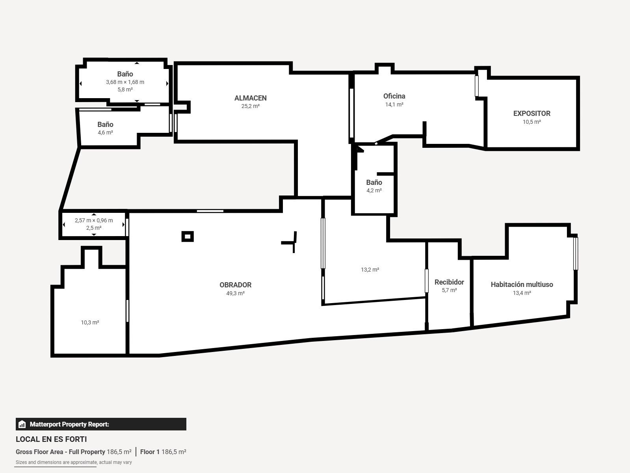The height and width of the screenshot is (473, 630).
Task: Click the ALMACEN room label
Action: pyautogui.click(x=250, y=98)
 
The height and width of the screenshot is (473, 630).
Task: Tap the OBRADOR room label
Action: pyautogui.click(x=235, y=285)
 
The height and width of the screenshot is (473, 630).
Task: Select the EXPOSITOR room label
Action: pyautogui.click(x=532, y=114)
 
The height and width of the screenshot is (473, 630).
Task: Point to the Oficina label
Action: pyautogui.click(x=394, y=96)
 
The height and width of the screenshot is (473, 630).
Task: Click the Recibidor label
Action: pyautogui.click(x=449, y=282)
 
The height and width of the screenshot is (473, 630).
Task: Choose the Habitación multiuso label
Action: pyautogui.click(x=522, y=285)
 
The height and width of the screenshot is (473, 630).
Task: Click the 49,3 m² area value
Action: pyautogui.click(x=235, y=293)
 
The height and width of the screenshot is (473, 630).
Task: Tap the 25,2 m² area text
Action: pyautogui.click(x=250, y=106)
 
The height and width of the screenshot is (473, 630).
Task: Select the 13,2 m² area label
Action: pyautogui.click(x=370, y=270)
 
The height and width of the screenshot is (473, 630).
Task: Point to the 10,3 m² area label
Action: pyautogui.click(x=90, y=322)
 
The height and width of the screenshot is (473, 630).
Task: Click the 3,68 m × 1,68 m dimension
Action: pyautogui.click(x=125, y=82)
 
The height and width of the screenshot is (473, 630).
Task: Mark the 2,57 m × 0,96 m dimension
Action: pyautogui.click(x=94, y=220)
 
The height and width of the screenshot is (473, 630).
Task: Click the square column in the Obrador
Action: pyautogui.click(x=188, y=236)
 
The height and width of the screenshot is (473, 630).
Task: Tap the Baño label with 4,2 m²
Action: pyautogui.click(x=374, y=182)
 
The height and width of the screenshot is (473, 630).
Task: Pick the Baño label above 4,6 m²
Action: pyautogui.click(x=105, y=125)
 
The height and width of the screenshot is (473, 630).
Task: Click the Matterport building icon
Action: pyautogui.click(x=22, y=424)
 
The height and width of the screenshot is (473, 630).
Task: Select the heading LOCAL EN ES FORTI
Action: pyautogui.click(x=51, y=439)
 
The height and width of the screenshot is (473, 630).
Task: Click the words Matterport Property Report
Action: pyautogui.click(x=69, y=424)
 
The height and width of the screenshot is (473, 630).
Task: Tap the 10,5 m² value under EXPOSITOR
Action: pyautogui.click(x=532, y=122)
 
